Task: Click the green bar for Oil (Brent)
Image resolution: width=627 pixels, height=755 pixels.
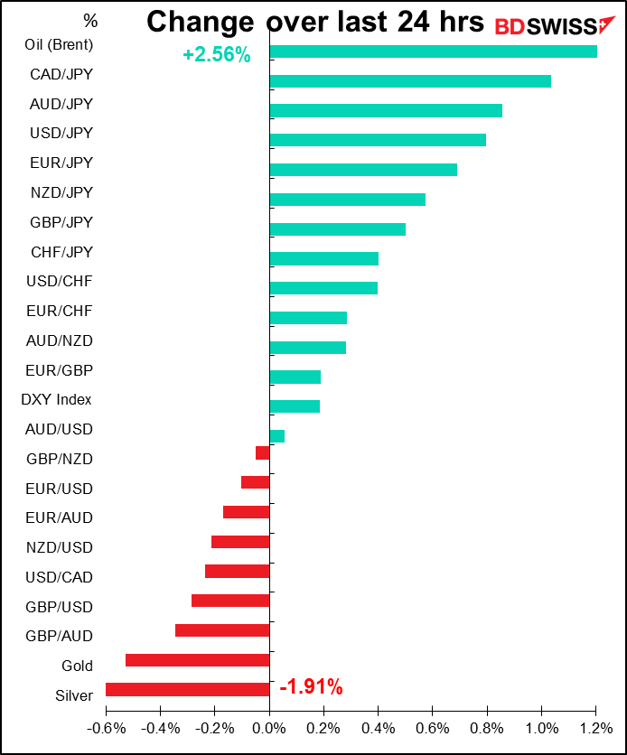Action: coord(433,51)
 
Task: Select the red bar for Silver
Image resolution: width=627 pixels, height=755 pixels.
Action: coord(187,689)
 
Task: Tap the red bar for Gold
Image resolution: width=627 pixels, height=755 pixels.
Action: coord(197,660)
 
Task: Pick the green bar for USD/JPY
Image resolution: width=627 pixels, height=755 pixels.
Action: coord(378,140)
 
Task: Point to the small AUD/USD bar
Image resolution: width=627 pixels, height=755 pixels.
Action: coord(277,436)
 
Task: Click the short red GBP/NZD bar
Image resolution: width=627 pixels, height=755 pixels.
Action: coord(263,453)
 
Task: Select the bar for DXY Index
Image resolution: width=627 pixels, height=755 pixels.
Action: coord(295,406)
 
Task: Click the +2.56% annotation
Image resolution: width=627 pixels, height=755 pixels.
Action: coord(216,55)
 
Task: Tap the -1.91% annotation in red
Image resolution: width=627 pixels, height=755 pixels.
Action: coord(311,687)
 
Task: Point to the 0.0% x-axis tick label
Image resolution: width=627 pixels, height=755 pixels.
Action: coord(269,728)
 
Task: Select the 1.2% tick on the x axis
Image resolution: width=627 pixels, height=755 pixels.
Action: coord(595,728)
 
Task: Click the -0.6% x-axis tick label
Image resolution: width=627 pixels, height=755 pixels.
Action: coord(105,728)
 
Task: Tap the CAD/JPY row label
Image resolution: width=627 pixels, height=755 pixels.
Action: coord(61,74)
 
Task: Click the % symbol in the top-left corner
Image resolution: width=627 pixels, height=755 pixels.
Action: coord(89,20)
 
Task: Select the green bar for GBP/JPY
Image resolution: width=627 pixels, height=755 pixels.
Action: coord(338,228)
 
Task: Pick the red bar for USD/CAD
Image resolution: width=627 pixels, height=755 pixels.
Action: coord(238,571)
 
